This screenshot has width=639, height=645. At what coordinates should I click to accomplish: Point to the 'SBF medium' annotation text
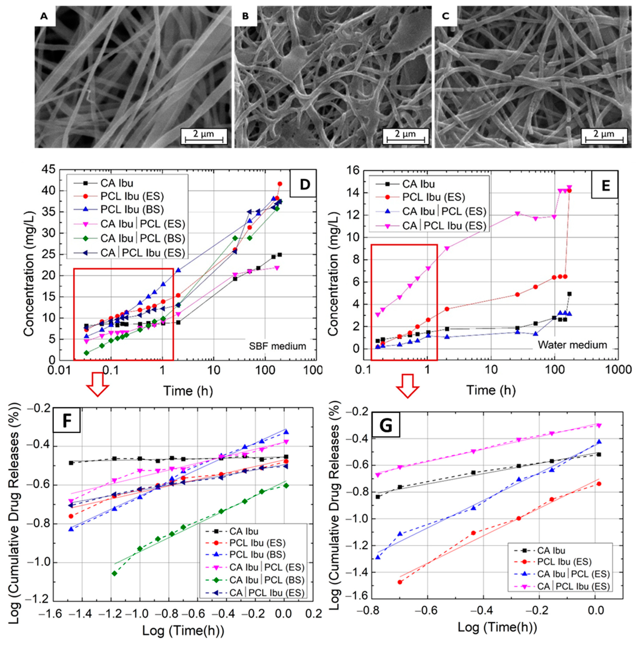pyautogui.click(x=277, y=346)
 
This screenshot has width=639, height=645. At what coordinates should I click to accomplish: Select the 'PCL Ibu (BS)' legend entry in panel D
pyautogui.click(x=132, y=209)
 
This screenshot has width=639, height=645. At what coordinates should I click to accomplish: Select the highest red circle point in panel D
pyautogui.click(x=280, y=184)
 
